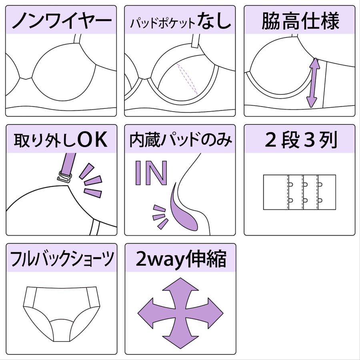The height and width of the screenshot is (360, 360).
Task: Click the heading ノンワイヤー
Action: point(62,21)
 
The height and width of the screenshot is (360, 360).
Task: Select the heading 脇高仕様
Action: point(300,21)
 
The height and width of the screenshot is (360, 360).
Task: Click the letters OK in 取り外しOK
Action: point(92,139)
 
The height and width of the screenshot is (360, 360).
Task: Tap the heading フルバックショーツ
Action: point(62,259)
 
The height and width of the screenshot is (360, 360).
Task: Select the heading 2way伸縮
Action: point(181,259)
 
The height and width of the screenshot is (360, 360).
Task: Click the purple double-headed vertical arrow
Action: point(313,83)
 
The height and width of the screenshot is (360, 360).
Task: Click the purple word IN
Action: point(151,173)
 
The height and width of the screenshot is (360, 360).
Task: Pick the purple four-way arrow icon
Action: point(180,313)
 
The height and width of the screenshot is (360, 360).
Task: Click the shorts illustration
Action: point(62,314)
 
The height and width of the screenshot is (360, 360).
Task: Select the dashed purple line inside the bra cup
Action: point(187,79)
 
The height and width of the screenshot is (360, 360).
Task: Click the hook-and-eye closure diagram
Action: point(299,192)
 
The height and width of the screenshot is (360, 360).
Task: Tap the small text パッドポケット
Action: point(162,23)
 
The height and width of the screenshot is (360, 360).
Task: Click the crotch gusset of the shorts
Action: point(62,330)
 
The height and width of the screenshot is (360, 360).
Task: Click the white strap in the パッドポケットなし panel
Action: point(195,41)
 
